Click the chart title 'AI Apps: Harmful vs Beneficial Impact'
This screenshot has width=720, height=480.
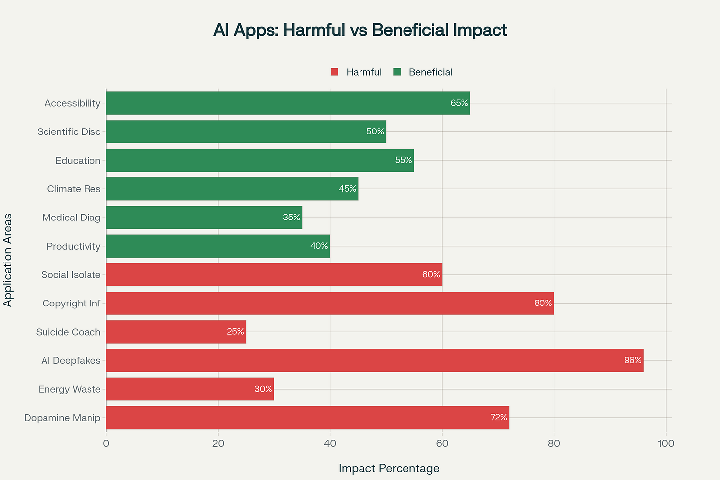(x=360, y=30)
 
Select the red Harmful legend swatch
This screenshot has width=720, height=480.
(x=335, y=72)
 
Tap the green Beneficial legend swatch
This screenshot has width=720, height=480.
(x=397, y=72)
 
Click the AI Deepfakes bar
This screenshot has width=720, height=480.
(x=374, y=360)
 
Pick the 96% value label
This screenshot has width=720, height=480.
(x=632, y=360)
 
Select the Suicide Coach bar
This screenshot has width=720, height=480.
(x=176, y=332)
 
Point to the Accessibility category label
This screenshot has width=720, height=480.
(x=72, y=103)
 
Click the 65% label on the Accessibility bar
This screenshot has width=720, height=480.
(x=459, y=103)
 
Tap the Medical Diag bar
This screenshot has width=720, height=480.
(x=204, y=218)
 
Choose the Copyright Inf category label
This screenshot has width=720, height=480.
(x=71, y=304)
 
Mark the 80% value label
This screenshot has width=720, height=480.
(x=543, y=304)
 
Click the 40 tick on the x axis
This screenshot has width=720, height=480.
(x=330, y=443)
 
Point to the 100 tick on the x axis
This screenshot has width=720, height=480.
(x=666, y=443)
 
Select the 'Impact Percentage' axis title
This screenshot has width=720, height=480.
(x=389, y=468)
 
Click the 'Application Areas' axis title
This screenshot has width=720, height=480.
(x=8, y=260)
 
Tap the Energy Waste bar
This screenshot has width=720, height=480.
(x=190, y=389)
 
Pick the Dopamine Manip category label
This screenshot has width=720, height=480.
(x=62, y=418)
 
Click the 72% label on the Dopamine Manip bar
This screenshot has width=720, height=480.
(x=498, y=418)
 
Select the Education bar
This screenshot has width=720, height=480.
(x=260, y=160)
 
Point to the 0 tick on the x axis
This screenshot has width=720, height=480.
(x=106, y=443)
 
